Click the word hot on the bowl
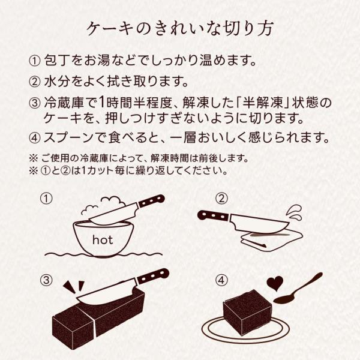103,240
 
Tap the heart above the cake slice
275,283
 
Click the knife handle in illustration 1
152,201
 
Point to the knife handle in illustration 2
214,216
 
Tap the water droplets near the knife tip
295,213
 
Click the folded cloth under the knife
272,239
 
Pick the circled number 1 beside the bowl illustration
46,199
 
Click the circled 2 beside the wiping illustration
221,199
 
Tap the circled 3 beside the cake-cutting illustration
46,280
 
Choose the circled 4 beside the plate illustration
221,280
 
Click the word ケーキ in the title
110,29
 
